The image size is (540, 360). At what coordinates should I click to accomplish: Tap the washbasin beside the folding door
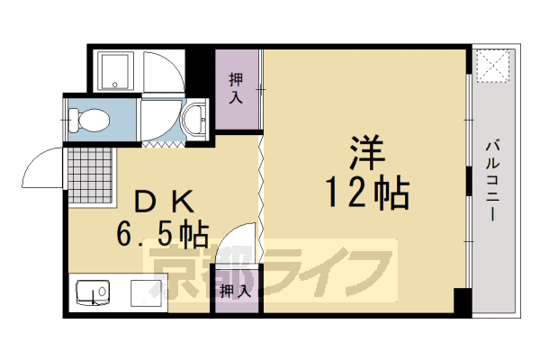[x=192, y=120]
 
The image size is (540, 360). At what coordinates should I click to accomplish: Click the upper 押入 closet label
[x=235, y=87]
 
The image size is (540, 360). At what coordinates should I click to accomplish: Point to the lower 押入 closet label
[x=233, y=291]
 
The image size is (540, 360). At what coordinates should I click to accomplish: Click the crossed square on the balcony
[x=492, y=65]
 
